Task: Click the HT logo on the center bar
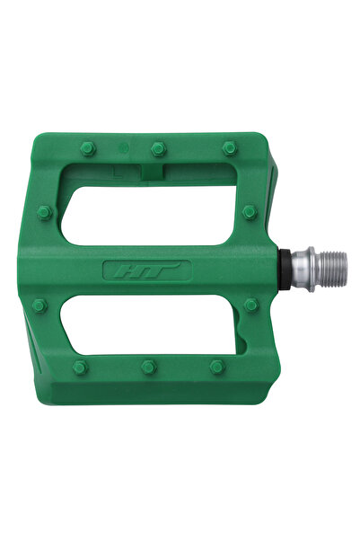click(147, 270)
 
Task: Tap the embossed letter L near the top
click(117, 170)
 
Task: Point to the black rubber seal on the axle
click(285, 269)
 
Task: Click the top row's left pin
click(88, 148)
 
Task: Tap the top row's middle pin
click(158, 149)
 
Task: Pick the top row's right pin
click(230, 148)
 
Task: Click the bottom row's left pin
click(80, 367)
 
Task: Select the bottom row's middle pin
click(149, 367)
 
